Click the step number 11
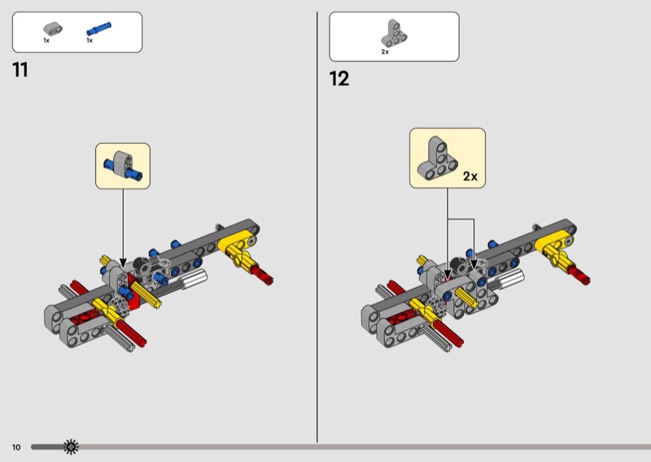pos(20,71)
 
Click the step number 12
pos(339,79)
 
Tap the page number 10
pos(16,447)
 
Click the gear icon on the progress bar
pos(72,447)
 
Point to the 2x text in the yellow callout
pos(470,176)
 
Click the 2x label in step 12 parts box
pos(385,52)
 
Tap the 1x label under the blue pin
pos(90,40)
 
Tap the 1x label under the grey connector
pos(46,40)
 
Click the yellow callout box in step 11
pos(123,166)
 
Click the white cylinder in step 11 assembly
pos(195,281)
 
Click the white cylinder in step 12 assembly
pos(509,279)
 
